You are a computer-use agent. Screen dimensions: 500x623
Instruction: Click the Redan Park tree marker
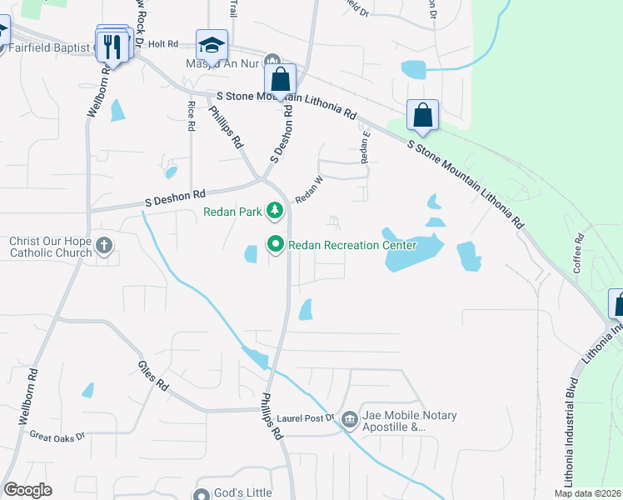276,212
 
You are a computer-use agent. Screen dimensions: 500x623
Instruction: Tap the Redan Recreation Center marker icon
276,245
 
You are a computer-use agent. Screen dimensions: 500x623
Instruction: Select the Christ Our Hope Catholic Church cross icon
103,245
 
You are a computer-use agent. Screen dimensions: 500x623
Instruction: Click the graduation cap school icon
212,46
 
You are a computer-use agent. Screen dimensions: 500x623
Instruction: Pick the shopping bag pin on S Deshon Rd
281,81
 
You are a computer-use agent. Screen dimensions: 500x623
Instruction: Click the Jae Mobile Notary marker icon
350,418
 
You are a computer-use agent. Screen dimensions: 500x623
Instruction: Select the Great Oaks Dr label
57,436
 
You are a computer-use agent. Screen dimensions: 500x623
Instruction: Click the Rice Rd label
192,115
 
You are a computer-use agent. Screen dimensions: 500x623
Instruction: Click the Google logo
27,490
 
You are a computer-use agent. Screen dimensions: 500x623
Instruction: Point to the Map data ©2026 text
587,493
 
